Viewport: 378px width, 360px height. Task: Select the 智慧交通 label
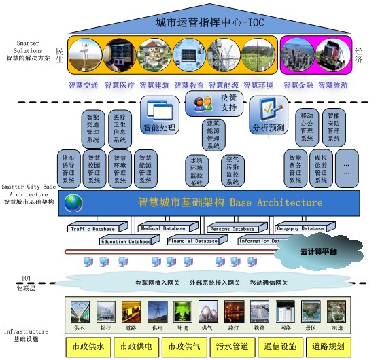coord(83,86)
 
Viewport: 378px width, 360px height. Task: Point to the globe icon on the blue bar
coord(73,202)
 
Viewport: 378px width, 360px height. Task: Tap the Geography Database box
coord(300,228)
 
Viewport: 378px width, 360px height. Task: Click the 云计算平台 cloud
coord(314,251)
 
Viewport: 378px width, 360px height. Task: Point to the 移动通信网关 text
coord(269,282)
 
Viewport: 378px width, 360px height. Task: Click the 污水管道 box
coord(230,346)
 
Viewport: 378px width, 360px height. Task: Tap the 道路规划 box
coord(328,346)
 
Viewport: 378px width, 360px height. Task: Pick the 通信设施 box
coord(279,346)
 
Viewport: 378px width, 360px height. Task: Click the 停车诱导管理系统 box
coord(69,168)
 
